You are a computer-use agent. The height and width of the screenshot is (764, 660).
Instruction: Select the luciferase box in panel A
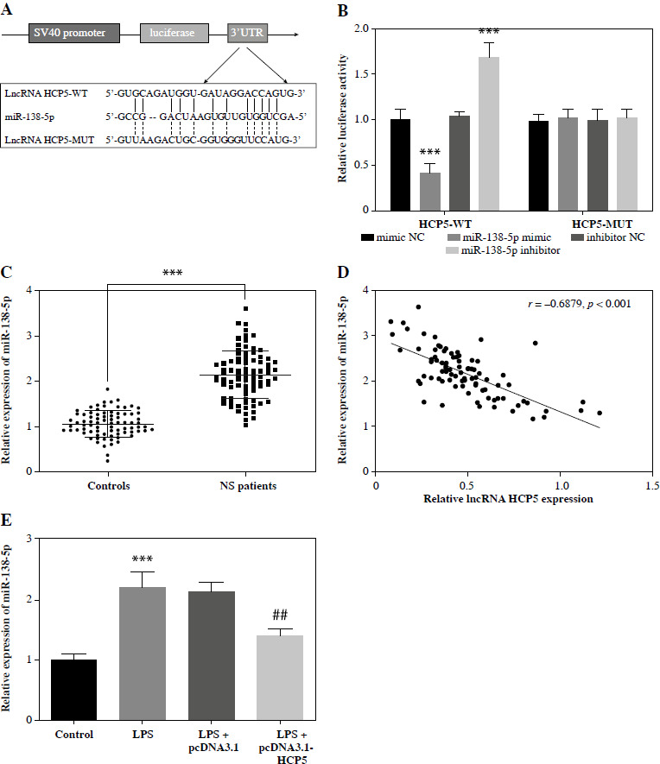pos(174,35)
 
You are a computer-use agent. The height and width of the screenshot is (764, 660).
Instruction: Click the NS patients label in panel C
pos(245,485)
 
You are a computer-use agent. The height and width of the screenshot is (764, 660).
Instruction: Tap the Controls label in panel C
pos(108,485)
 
